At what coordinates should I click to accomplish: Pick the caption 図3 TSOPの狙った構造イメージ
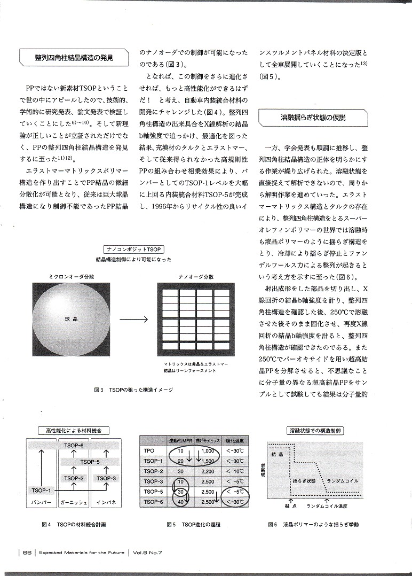point(133,390)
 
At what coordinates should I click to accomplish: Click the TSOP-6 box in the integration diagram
point(74,446)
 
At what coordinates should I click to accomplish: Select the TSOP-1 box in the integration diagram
point(41,490)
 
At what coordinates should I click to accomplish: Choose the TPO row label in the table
point(150,451)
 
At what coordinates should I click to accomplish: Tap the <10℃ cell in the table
point(235,472)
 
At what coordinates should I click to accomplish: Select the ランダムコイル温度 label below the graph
point(327,506)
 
